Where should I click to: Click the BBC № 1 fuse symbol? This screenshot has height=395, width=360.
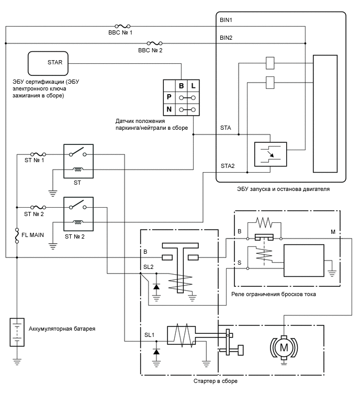(x=122, y=26)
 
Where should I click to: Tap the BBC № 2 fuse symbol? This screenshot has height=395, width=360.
(x=154, y=43)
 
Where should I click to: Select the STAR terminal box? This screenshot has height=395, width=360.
(x=48, y=63)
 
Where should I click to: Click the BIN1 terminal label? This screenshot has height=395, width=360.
(x=226, y=20)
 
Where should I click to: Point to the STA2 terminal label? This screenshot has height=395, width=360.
(x=228, y=166)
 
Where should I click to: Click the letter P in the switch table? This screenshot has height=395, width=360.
(x=169, y=97)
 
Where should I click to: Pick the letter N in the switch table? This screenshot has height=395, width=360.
(x=169, y=109)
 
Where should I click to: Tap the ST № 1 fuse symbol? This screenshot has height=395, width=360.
(x=38, y=154)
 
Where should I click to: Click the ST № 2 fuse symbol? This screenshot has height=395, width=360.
(x=38, y=207)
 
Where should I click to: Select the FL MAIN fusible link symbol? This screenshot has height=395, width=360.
(x=17, y=235)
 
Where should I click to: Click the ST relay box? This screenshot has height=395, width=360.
(x=78, y=161)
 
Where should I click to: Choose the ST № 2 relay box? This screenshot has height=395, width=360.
(x=78, y=214)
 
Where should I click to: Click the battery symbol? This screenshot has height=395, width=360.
(x=17, y=332)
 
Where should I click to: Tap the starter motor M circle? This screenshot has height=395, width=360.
(x=284, y=348)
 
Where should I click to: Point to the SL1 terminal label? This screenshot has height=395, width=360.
(x=149, y=335)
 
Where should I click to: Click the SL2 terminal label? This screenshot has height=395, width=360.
(x=148, y=267)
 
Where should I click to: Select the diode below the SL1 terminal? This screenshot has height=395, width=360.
(x=156, y=351)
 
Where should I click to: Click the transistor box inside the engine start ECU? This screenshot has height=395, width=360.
(x=271, y=154)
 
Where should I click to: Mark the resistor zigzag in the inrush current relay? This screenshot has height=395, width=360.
(x=264, y=222)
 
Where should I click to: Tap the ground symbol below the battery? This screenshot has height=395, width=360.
(x=17, y=362)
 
